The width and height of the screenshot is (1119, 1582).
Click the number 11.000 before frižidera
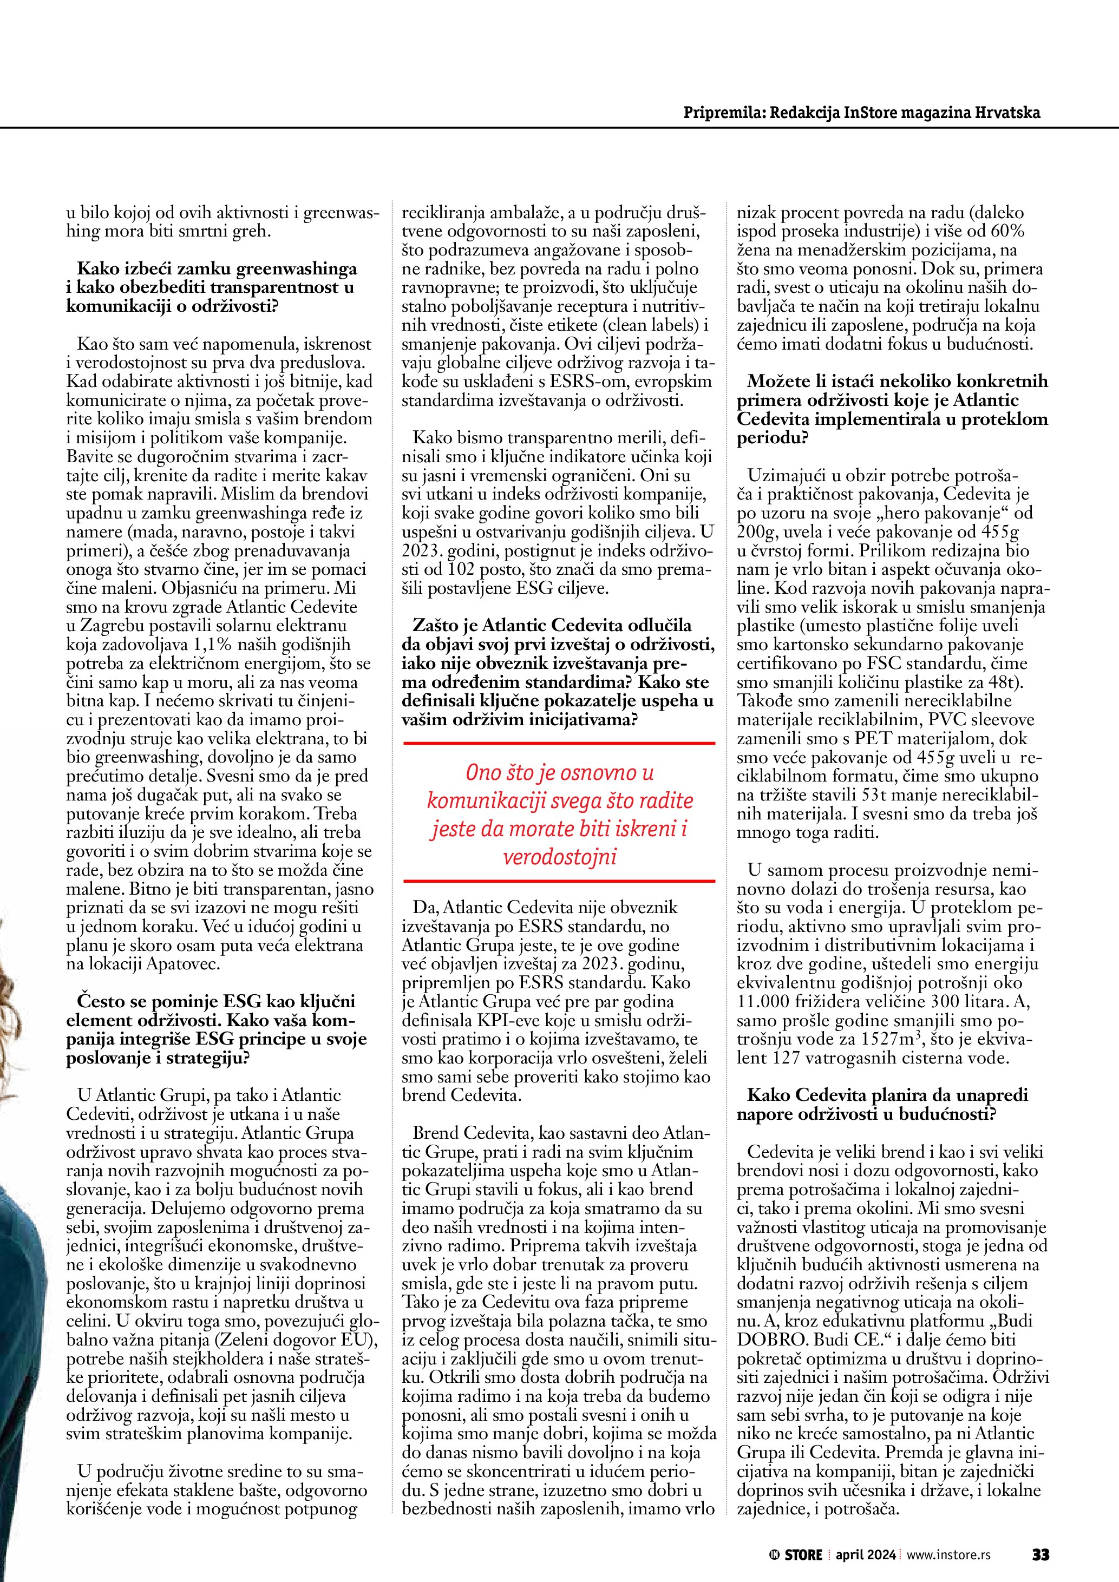tap(763, 1002)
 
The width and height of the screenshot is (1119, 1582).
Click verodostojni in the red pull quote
tap(560, 858)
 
